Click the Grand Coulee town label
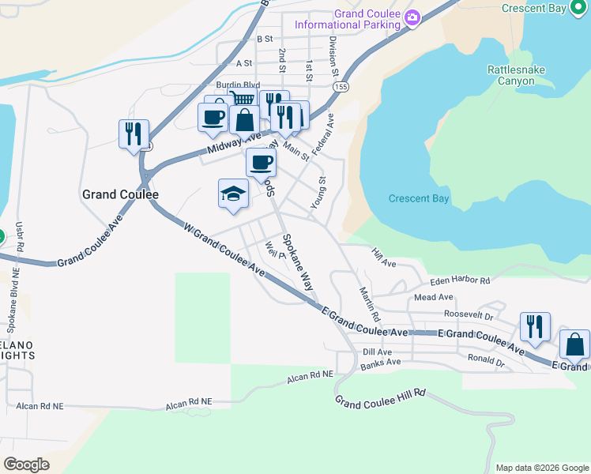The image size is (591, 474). (x=121, y=194)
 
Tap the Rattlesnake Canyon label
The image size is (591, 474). (x=516, y=76)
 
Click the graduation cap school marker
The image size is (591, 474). (x=233, y=194)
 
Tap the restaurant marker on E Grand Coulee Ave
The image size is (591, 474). (x=535, y=325)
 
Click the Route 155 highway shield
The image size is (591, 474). (x=339, y=88)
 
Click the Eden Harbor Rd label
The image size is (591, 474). (x=460, y=280)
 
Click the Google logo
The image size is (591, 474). (x=26, y=464)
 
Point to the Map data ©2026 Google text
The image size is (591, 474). (x=541, y=468)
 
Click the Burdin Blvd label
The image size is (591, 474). (x=238, y=85)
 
